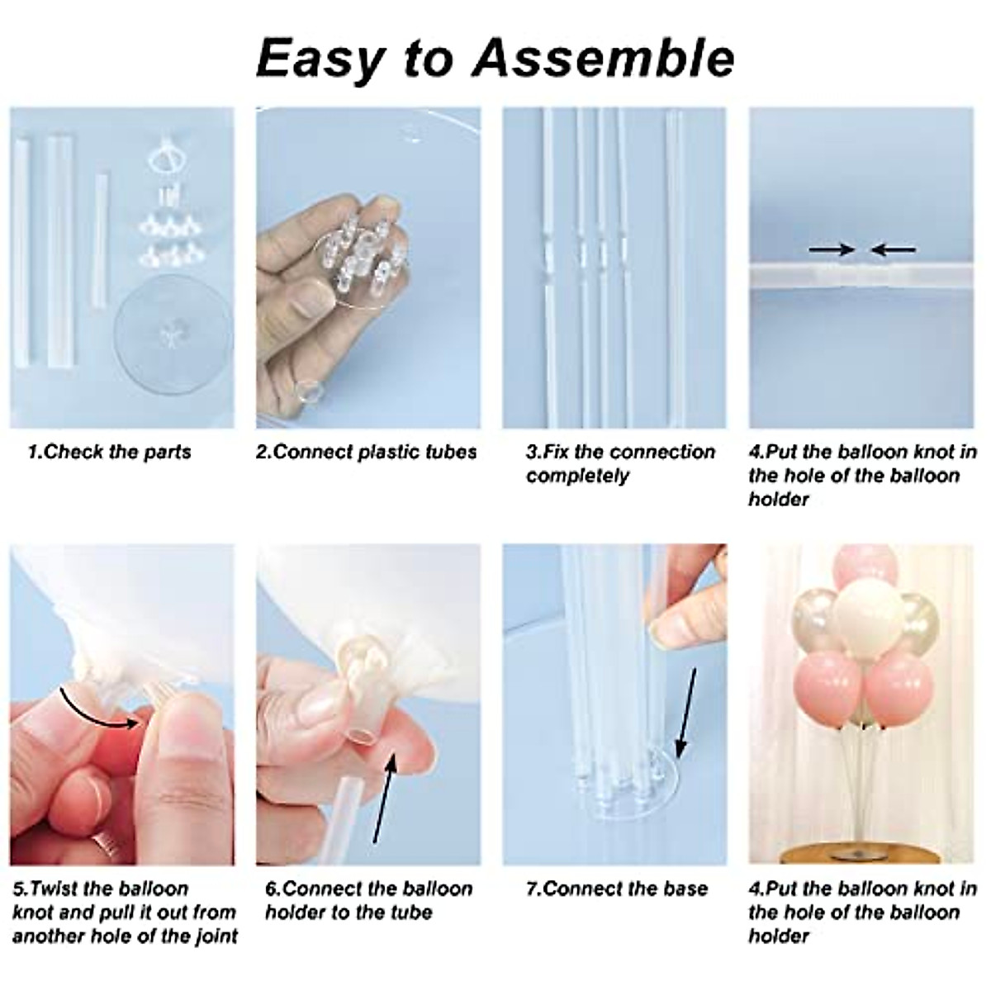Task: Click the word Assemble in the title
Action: (607, 59)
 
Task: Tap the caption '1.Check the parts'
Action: (109, 452)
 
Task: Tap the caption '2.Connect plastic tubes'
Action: (367, 452)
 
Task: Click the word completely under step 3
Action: (578, 476)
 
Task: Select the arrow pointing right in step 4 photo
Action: (831, 249)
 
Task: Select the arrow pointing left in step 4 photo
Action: (894, 249)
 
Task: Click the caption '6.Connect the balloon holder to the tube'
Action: (368, 900)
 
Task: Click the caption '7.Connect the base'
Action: (617, 889)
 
